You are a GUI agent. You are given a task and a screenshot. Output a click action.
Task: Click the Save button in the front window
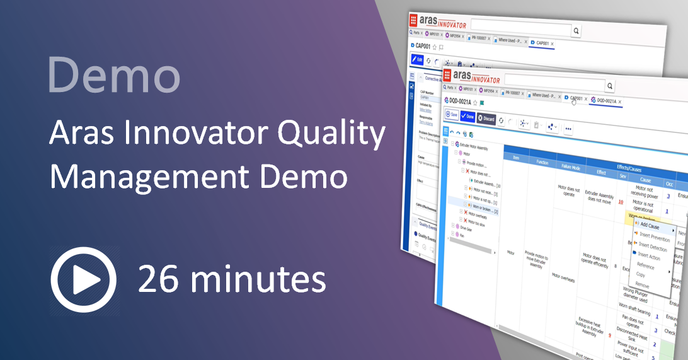(x=452, y=115)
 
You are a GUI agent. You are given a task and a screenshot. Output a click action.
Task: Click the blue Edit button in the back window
(x=417, y=59)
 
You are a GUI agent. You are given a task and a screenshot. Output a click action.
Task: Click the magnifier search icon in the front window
(x=609, y=86)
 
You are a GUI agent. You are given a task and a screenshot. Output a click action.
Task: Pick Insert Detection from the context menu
(x=651, y=247)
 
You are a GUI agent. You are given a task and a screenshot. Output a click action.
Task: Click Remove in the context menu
(x=643, y=286)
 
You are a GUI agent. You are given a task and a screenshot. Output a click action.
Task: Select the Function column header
(x=541, y=161)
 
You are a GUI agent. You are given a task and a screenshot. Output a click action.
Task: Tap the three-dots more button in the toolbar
(x=569, y=128)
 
